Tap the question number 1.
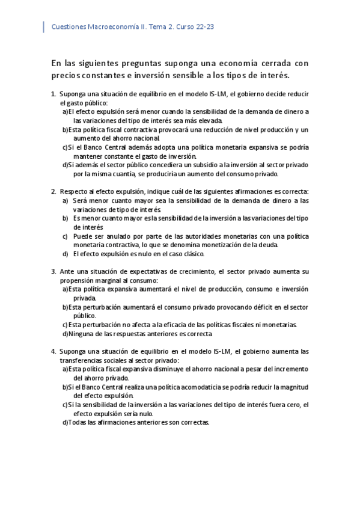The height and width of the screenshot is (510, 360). tap(53, 94)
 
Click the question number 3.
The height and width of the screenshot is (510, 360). tap(53, 271)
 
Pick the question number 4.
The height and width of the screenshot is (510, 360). tap(53, 351)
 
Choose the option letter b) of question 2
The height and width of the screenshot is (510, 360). tap(66, 218)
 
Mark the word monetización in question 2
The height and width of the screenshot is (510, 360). tap(226, 245)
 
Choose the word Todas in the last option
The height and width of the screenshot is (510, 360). tap(78, 422)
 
